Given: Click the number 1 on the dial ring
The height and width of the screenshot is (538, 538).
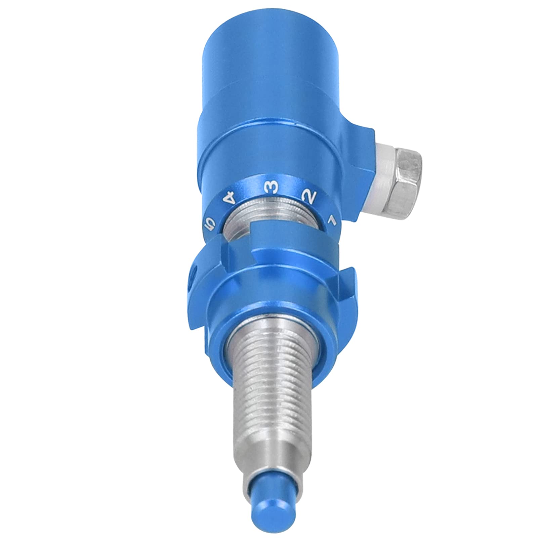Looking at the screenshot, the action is [332, 220].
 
